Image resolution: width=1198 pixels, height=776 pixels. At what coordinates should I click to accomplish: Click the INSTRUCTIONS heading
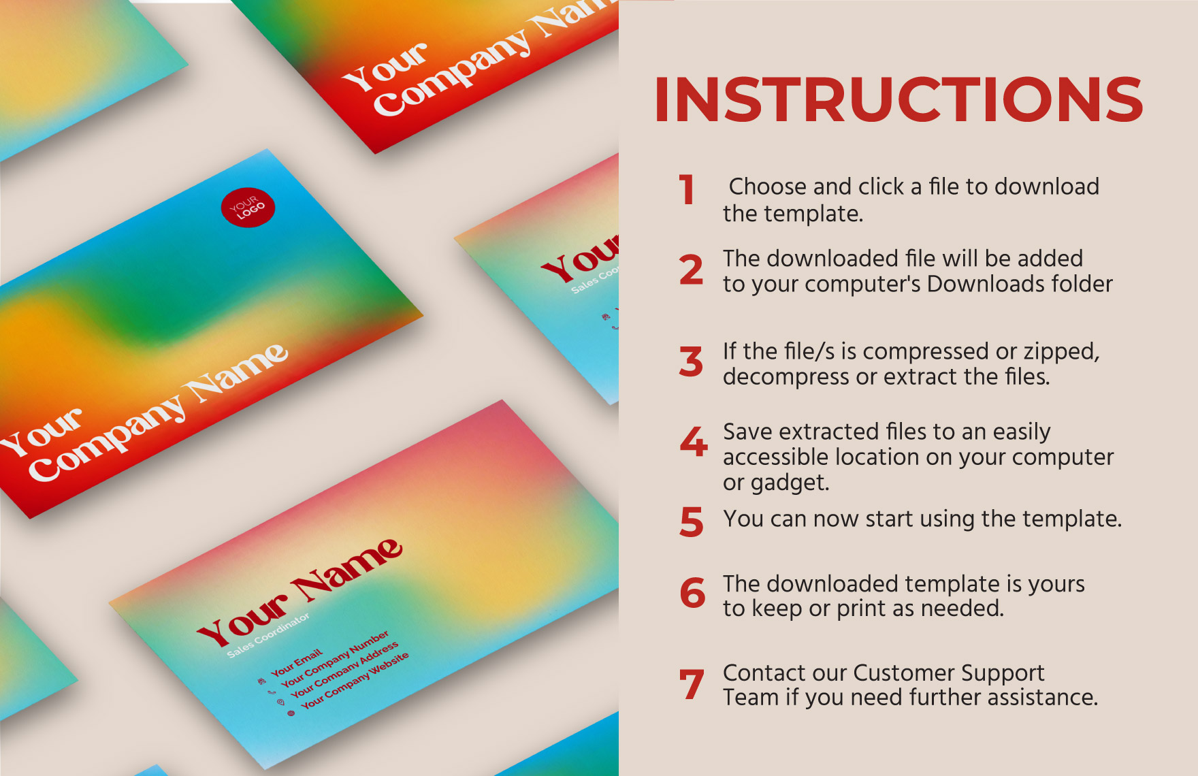coord(898,100)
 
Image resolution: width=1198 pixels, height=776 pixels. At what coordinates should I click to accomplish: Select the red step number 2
coord(691,270)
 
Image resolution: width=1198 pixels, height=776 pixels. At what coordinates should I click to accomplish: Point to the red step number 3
coord(691,361)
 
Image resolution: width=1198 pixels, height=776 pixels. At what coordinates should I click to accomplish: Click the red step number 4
coord(694,442)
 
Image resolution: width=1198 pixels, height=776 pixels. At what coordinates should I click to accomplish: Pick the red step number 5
coord(692,522)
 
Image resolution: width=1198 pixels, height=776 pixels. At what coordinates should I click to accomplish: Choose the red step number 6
coord(692,593)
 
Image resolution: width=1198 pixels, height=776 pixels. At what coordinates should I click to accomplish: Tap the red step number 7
coord(692,684)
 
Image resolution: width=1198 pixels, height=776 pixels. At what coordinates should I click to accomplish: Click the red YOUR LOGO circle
coord(248,208)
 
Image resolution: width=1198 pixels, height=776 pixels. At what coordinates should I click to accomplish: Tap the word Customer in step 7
coord(904,673)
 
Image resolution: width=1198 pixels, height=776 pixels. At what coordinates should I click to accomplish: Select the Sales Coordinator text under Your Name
coord(268,635)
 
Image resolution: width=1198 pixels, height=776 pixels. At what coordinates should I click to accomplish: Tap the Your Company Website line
coord(355,680)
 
